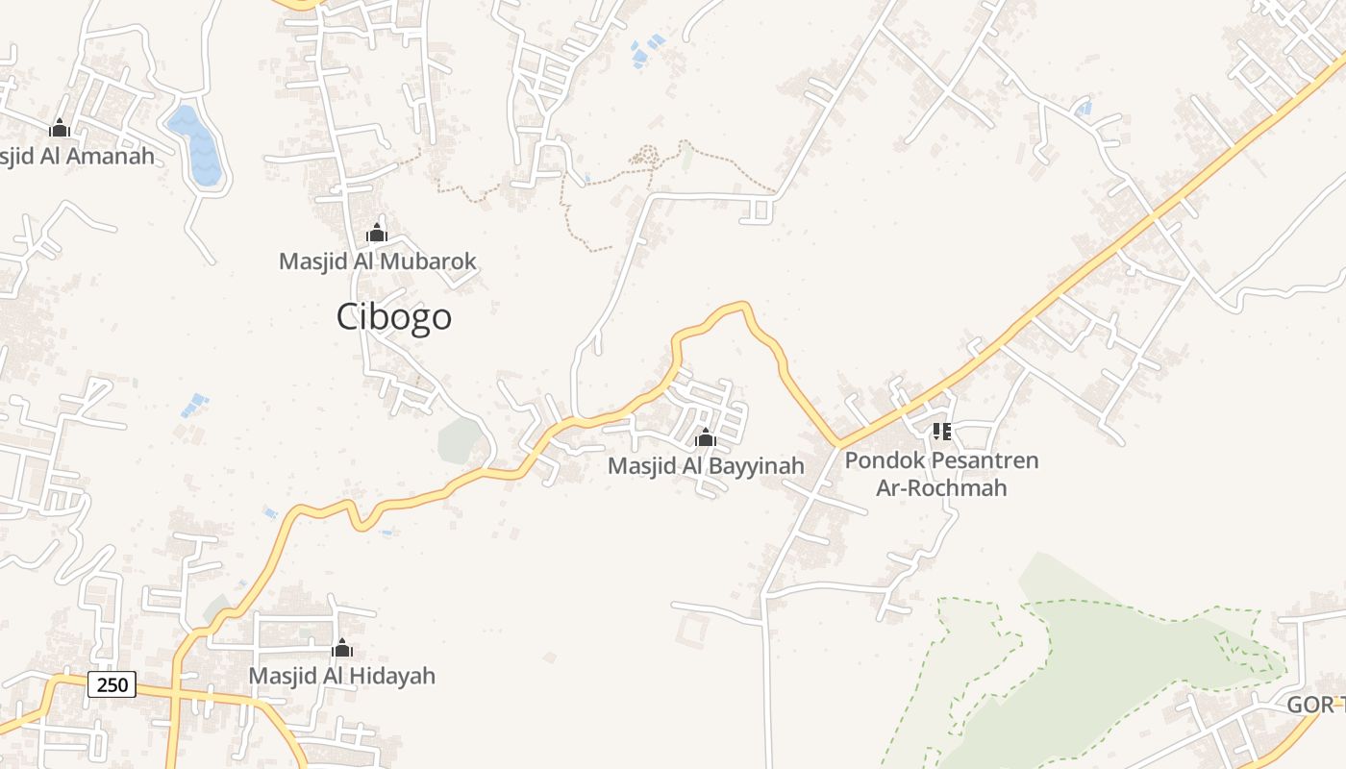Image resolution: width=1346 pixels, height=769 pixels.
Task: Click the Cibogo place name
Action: click(x=394, y=317)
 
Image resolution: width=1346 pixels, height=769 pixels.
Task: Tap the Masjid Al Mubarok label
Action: click(x=377, y=261)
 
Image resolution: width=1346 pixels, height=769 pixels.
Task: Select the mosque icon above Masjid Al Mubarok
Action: click(x=376, y=234)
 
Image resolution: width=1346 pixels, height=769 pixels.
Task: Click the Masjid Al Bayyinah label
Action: click(x=706, y=466)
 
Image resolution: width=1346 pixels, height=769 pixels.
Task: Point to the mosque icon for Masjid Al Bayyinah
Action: click(x=706, y=438)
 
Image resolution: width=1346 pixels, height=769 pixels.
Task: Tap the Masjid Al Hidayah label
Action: click(x=341, y=676)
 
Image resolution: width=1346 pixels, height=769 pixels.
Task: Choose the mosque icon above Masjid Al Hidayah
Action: click(x=341, y=649)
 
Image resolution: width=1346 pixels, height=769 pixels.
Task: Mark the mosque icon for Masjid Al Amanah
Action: click(x=60, y=128)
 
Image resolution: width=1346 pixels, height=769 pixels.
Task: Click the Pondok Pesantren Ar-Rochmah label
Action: click(x=941, y=474)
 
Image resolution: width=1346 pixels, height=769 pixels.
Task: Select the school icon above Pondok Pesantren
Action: click(x=941, y=432)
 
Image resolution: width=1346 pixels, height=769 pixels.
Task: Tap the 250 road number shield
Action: click(x=112, y=684)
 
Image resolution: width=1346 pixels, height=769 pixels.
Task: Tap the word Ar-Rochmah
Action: click(x=941, y=487)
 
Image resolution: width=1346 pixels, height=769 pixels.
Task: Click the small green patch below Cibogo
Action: click(x=460, y=439)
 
